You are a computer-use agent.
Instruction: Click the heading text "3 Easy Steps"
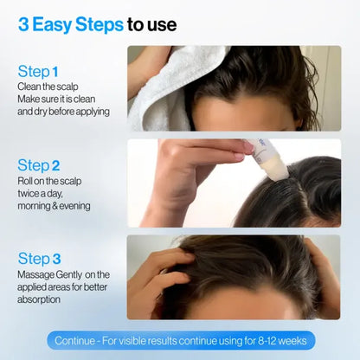click(x=70, y=24)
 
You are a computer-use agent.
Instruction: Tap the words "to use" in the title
click(x=152, y=24)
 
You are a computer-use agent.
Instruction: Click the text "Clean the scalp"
click(x=48, y=87)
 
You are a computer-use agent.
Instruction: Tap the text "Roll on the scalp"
click(x=51, y=181)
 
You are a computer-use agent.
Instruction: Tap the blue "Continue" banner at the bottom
click(x=180, y=340)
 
